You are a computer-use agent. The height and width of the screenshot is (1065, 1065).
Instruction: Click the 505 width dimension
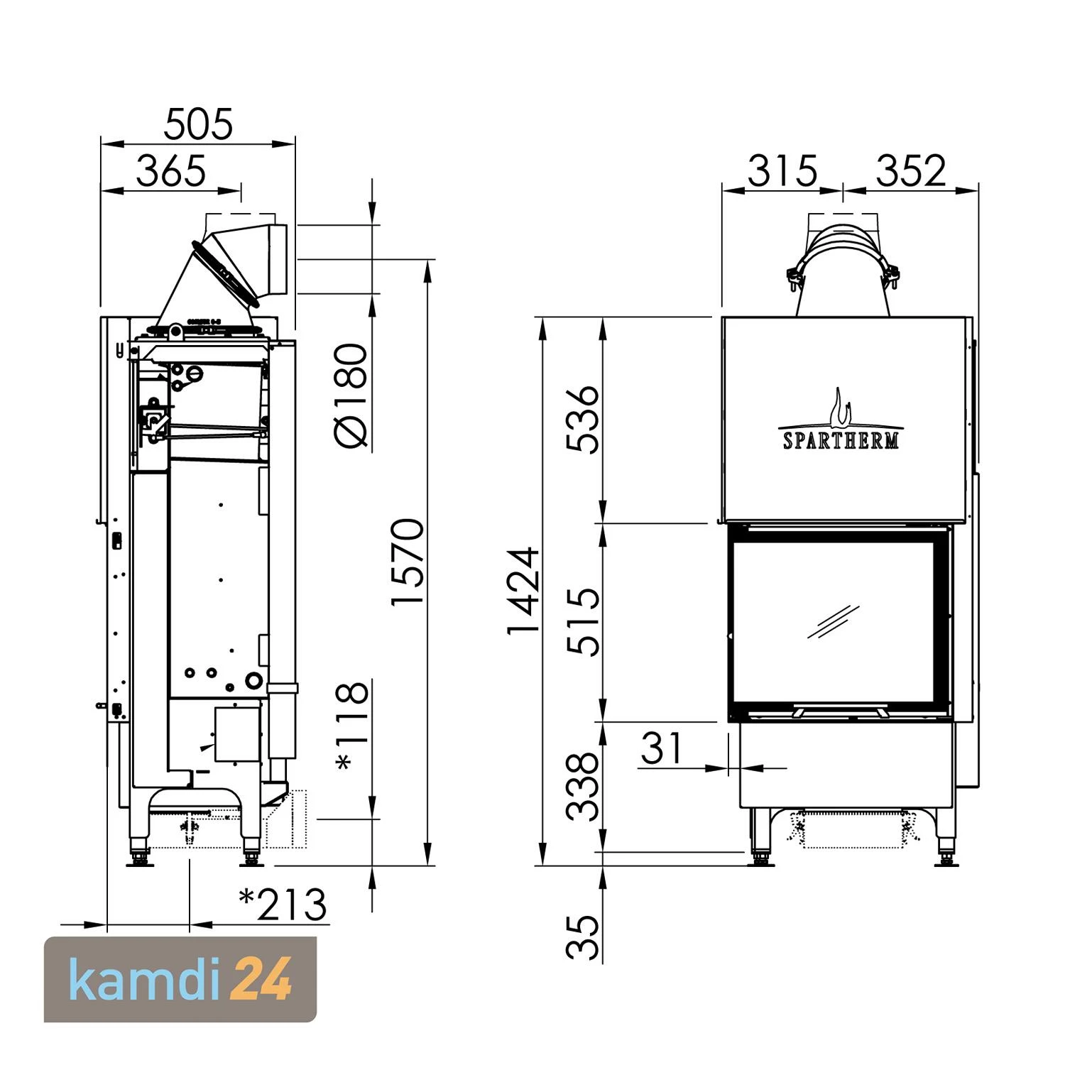pos(198,125)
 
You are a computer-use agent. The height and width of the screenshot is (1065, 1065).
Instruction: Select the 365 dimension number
pos(171,171)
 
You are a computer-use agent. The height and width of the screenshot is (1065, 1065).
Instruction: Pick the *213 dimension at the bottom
pos(283,905)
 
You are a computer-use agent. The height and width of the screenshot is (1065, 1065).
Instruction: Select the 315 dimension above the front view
pos(782,171)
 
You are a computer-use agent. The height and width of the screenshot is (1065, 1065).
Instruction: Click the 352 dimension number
pos(911,171)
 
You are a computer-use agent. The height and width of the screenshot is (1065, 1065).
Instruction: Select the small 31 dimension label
pos(661,748)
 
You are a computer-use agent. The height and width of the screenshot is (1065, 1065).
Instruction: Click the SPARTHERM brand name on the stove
pos(841,440)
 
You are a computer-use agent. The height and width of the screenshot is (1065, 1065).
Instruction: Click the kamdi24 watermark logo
pos(180,980)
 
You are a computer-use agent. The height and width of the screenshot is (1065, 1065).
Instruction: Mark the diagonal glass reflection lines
pos(833,622)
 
